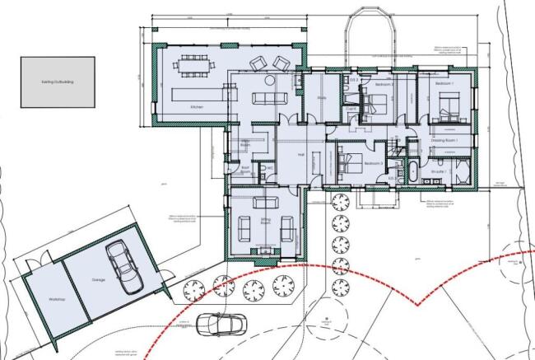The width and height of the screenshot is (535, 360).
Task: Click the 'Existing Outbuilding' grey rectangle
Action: [x=58, y=82]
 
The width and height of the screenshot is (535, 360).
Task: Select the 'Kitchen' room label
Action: [x=197, y=108]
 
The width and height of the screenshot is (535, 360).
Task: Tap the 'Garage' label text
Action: [x=99, y=280]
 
